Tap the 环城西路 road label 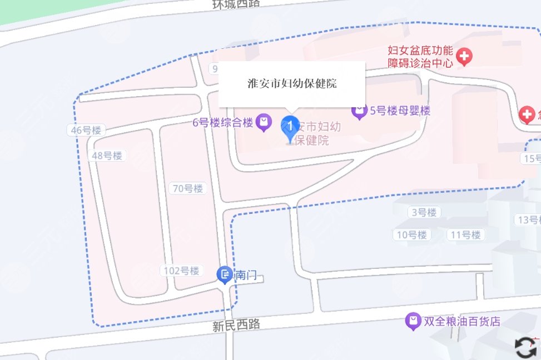pos(236,4)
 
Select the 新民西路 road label pos(236,325)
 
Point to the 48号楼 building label pos(107,156)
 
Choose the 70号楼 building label pos(188,188)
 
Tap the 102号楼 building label pos(181,271)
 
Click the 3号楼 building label pos(424,212)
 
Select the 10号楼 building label pos(412,234)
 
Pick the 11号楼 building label pos(465,234)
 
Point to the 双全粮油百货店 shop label pos(462,321)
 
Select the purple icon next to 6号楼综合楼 pos(265,121)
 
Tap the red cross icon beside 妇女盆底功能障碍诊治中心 pos(464,56)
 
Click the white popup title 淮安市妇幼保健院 pos(292,84)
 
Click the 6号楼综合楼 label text pos(223,122)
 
